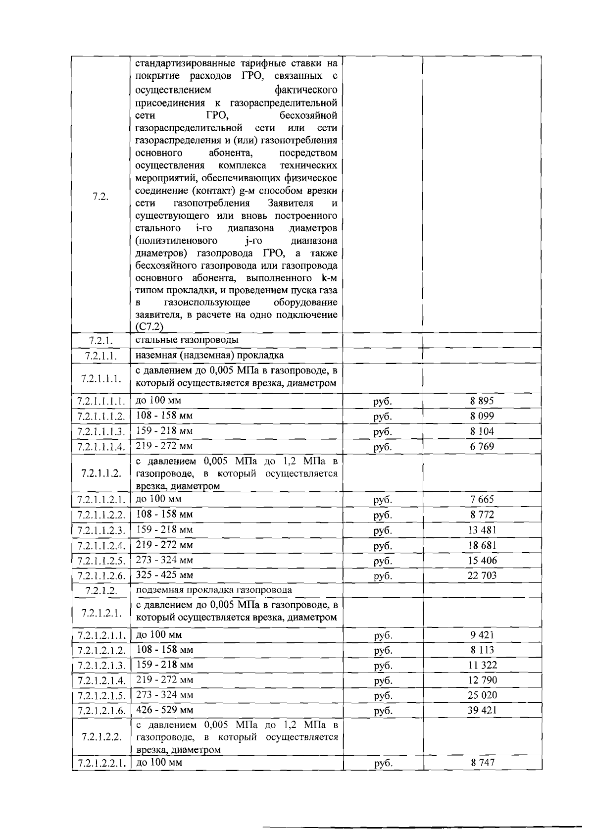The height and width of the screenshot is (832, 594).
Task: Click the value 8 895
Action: (x=482, y=401)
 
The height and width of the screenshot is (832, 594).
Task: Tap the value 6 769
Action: (x=482, y=447)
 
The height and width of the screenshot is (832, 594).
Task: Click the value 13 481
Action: (x=482, y=530)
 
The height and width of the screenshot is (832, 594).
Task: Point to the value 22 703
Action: (x=482, y=575)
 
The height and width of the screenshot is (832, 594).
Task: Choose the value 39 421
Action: (x=482, y=710)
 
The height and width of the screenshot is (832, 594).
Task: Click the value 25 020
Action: (x=482, y=695)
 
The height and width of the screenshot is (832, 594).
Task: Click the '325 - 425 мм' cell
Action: (x=164, y=575)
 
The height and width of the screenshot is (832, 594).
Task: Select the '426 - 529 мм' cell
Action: (x=164, y=710)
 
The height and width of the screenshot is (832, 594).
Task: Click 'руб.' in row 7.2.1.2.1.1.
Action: (x=383, y=635)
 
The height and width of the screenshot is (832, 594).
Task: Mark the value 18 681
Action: (x=482, y=545)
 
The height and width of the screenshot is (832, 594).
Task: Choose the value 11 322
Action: (x=482, y=665)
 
